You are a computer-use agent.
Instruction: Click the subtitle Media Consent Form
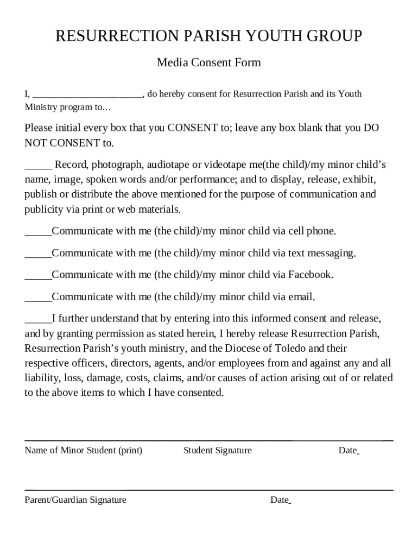(208, 62)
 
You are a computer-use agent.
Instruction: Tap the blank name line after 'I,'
(87, 95)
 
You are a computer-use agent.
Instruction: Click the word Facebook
(310, 275)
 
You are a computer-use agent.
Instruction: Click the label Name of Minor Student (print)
(83, 450)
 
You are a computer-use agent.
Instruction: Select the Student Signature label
(217, 450)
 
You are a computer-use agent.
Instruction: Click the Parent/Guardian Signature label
(75, 500)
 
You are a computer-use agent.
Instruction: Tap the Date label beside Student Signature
(347, 450)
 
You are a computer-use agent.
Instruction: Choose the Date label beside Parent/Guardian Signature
(279, 500)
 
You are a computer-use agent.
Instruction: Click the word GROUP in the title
(333, 36)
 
